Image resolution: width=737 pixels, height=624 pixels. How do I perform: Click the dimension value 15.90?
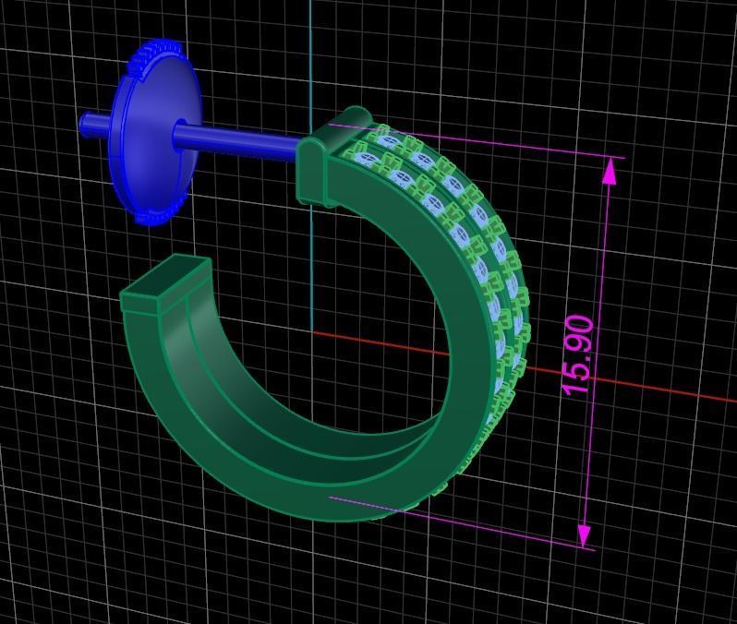(577, 354)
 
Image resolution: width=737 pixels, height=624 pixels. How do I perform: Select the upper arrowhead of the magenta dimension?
(610, 172)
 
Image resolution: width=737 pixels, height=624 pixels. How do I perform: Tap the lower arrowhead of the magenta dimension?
(585, 534)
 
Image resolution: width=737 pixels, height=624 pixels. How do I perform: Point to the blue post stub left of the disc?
(92, 123)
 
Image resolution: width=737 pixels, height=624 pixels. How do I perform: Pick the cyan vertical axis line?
(310, 55)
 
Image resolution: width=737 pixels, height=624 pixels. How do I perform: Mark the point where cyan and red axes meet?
(311, 331)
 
